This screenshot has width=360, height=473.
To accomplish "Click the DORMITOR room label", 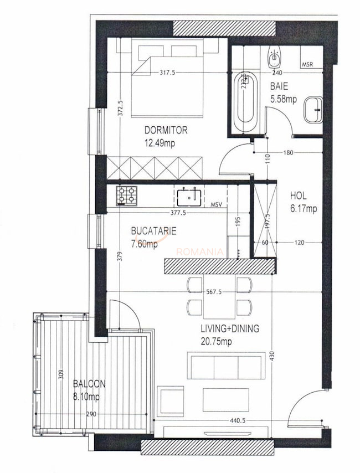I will (166, 131).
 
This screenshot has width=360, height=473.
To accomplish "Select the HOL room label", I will (298, 196).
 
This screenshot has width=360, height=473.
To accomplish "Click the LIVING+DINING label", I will (229, 328).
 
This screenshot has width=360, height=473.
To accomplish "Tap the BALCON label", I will (89, 383).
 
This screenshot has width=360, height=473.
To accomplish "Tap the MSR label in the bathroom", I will (308, 65).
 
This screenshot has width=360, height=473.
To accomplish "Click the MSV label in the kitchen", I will (217, 205).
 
